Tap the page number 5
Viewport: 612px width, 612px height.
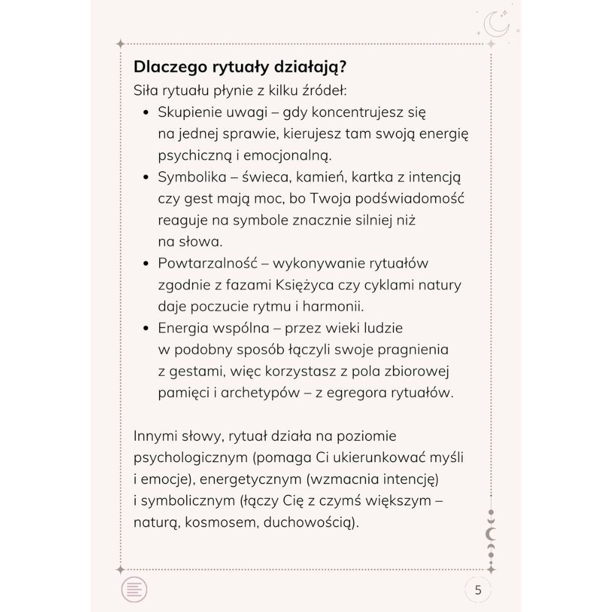478,591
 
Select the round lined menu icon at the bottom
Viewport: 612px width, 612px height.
135,591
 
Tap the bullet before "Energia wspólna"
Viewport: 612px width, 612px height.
146,328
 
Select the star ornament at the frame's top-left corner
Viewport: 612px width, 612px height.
121,43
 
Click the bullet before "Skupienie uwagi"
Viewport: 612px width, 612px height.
146,113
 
